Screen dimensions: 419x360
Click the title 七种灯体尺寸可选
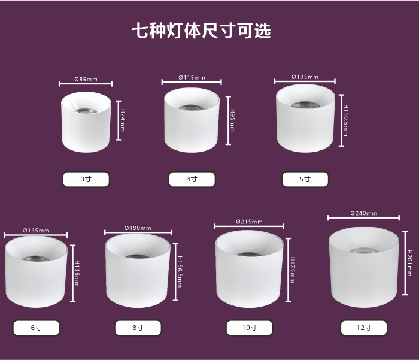pyautogui.click(x=202, y=30)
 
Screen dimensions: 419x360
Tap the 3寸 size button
pyautogui.click(x=86, y=179)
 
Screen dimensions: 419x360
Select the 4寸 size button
pyautogui.click(x=192, y=179)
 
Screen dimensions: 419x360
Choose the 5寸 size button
pyautogui.click(x=305, y=179)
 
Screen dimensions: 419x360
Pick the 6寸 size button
pyautogui.click(x=37, y=328)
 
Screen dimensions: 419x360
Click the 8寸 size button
pyautogui.click(x=138, y=328)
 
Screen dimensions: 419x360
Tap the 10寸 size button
pyautogui.click(x=250, y=328)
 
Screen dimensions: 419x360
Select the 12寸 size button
pyautogui.click(x=364, y=328)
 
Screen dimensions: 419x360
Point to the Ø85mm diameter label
pyautogui.click(x=86, y=80)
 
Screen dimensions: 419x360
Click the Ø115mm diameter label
pyautogui.click(x=192, y=77)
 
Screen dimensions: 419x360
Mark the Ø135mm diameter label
pyautogui.click(x=305, y=77)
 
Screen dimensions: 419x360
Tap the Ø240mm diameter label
pyautogui.click(x=364, y=213)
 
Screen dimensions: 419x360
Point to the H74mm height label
pyautogui.click(x=123, y=120)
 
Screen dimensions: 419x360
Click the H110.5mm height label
pyautogui.click(x=346, y=120)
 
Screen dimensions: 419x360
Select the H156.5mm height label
pyautogui.click(x=180, y=272)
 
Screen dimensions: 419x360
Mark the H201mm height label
pyautogui.click(x=409, y=263)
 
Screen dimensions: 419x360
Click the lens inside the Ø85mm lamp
pyautogui.click(x=86, y=110)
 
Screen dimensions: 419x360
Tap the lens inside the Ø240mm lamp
pyautogui.click(x=364, y=251)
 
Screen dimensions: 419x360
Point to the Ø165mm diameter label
pyautogui.click(x=36, y=231)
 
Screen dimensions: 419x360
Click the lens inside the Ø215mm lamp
pyautogui.click(x=249, y=254)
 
